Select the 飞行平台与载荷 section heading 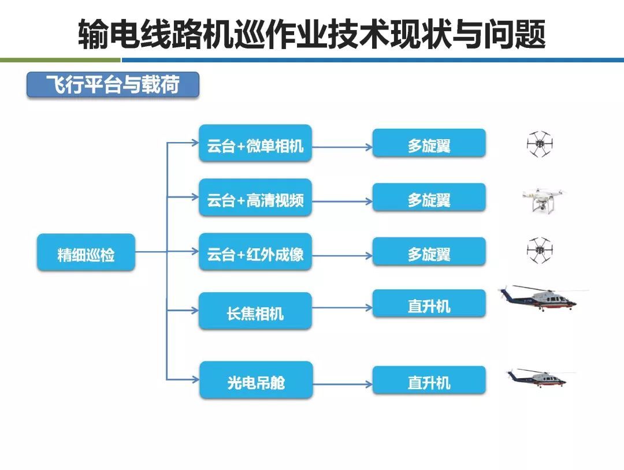coord(113,85)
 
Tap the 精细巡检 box coord(86,252)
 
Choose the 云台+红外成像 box coord(255,252)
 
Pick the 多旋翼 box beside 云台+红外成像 coord(429,252)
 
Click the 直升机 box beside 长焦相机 coord(429,304)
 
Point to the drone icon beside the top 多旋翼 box coord(540,144)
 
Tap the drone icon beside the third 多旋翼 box coord(540,251)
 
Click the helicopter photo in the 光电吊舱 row coord(539,377)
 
